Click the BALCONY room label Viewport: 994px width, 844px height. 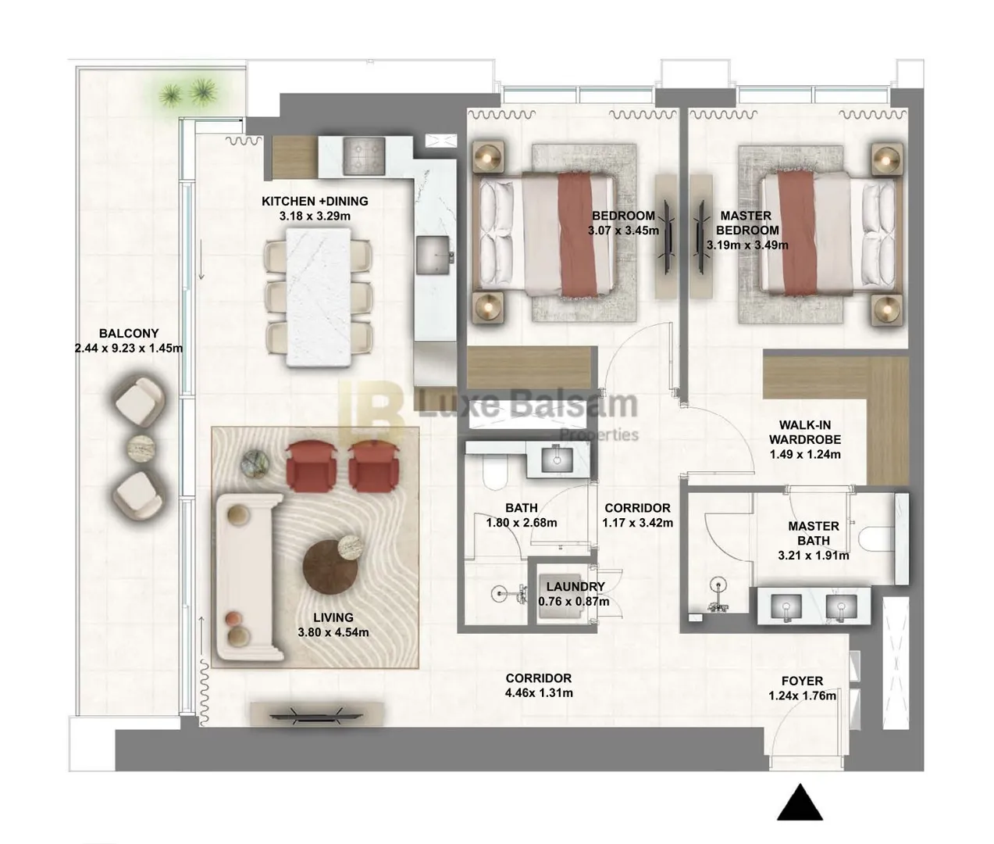pos(128,333)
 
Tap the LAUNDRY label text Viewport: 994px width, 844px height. pos(575,587)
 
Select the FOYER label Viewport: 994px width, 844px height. pos(802,681)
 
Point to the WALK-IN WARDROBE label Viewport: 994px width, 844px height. pos(805,432)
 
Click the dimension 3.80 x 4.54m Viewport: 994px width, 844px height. pos(333,632)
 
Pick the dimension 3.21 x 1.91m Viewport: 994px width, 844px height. pos(813,556)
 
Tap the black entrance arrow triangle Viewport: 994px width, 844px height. pos(800,802)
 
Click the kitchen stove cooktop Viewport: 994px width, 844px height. pos(364,156)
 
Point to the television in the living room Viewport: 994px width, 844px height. pos(315,716)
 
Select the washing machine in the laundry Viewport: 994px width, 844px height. pos(561,596)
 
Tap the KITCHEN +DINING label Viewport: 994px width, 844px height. pos(315,201)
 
